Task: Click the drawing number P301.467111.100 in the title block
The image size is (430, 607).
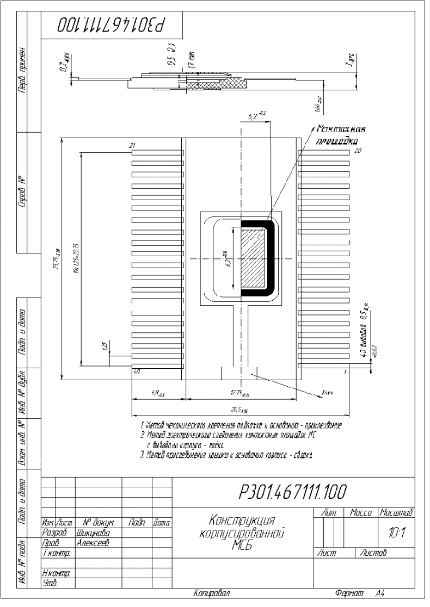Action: (x=292, y=492)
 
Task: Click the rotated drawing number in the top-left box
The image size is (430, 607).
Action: (x=112, y=25)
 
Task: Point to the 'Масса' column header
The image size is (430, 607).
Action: (x=361, y=512)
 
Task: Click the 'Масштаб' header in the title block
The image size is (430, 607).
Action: (x=397, y=512)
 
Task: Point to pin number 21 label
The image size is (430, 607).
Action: (x=132, y=145)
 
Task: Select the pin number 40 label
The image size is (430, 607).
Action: (x=137, y=371)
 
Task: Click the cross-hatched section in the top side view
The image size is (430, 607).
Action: (x=215, y=84)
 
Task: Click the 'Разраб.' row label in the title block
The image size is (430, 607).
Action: (x=53, y=533)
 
